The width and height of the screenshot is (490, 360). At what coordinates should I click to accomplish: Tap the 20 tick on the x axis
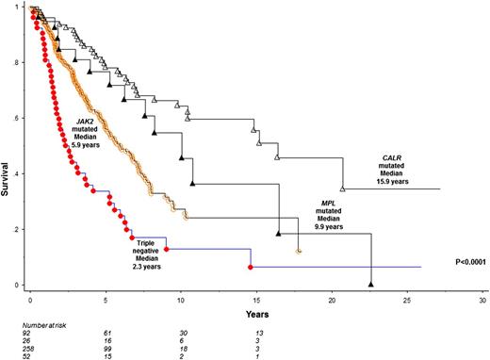tap(331, 297)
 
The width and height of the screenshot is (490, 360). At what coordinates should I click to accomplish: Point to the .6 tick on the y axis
tap(20, 118)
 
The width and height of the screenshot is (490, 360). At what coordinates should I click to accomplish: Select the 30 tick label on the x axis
tap(482, 297)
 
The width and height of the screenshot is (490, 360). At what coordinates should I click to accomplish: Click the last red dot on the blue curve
tap(250, 268)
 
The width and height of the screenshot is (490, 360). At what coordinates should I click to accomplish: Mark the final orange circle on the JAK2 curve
tap(298, 252)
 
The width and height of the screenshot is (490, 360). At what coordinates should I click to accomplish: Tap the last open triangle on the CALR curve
tap(342, 188)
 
